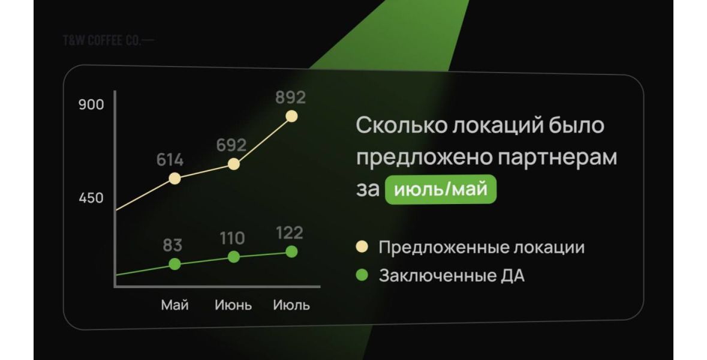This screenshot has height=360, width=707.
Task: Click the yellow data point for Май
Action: [x=175, y=179]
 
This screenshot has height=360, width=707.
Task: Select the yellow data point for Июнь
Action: [x=233, y=164]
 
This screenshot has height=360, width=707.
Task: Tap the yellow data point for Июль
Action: [x=291, y=116]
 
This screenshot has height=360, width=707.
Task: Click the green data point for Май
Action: [x=175, y=264]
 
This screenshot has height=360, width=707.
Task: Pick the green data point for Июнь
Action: [x=233, y=257]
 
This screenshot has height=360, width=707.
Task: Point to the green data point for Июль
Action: [x=291, y=251]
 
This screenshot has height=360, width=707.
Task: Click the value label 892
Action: [x=291, y=97]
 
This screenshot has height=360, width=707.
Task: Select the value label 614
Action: [x=170, y=160]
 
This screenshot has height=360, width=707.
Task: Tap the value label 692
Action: [x=231, y=145]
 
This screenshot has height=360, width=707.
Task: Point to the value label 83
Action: [x=172, y=245]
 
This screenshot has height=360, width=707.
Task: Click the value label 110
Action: [x=232, y=238]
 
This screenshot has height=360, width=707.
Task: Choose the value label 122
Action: [x=290, y=233]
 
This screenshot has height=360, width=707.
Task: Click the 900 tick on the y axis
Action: [x=91, y=104]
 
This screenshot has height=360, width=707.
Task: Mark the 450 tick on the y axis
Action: [x=91, y=197]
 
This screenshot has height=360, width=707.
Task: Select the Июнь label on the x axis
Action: [x=233, y=305]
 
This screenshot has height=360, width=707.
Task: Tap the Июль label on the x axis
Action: [x=291, y=305]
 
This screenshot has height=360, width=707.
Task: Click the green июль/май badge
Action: [x=441, y=189]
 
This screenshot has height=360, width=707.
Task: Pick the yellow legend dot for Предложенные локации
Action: [x=362, y=247]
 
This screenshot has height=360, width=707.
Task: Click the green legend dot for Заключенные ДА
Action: [x=362, y=275]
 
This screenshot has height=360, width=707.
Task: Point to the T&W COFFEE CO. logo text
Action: [x=108, y=40]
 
